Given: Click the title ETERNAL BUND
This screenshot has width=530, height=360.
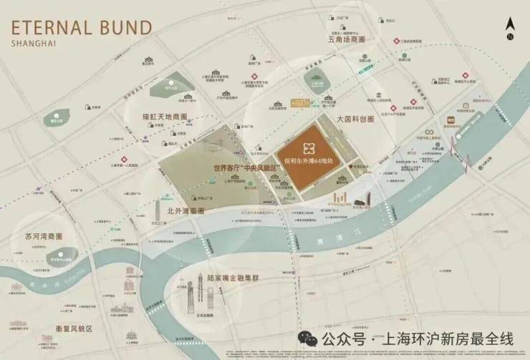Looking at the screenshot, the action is (x=81, y=29).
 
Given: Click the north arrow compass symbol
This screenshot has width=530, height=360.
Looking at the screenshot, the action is (x=510, y=29).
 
